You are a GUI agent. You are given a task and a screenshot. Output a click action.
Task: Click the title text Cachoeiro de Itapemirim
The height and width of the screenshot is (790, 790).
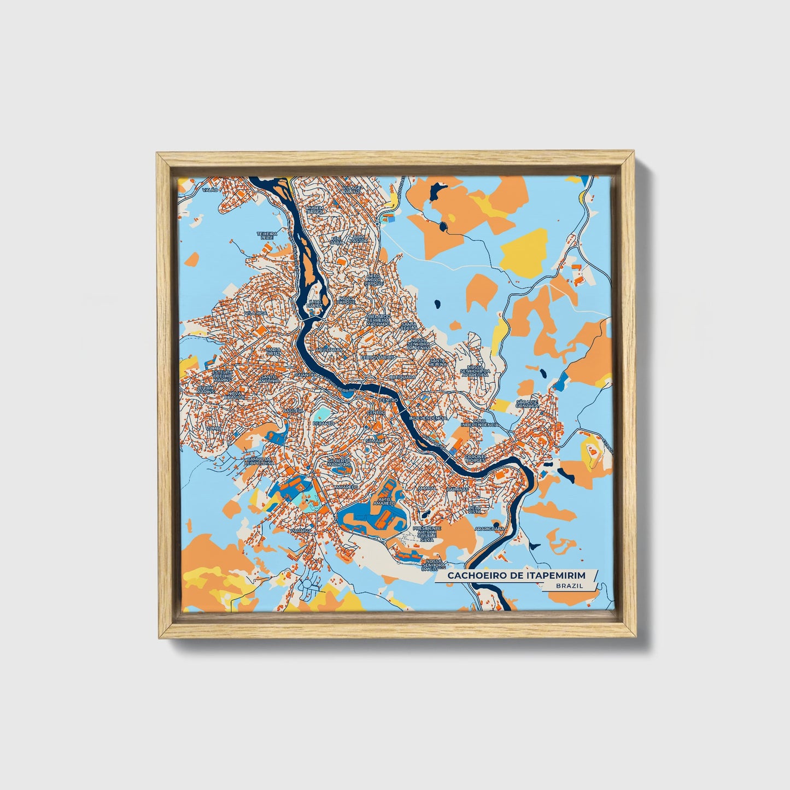click(516, 576)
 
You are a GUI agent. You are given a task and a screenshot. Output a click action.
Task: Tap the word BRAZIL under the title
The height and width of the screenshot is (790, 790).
click(569, 586)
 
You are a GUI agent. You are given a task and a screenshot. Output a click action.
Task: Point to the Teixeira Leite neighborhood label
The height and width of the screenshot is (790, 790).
click(267, 236)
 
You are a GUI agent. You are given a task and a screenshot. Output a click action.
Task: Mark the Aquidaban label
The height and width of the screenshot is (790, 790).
click(329, 349)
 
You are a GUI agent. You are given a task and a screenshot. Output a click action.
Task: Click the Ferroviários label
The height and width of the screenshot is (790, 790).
click(377, 357)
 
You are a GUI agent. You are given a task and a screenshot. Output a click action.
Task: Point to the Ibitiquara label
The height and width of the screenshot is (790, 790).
click(402, 377)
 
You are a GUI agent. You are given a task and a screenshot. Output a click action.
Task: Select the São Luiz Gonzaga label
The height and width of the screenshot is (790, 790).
click(527, 404)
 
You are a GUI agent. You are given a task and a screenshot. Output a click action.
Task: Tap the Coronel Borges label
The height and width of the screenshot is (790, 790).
click(475, 458)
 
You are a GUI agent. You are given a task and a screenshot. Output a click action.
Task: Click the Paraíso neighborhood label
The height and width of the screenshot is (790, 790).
click(301, 530)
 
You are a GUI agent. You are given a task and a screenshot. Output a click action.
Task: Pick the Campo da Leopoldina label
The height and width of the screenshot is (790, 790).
click(258, 460)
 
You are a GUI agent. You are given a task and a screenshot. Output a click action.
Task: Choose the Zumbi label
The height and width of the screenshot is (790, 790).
click(213, 428)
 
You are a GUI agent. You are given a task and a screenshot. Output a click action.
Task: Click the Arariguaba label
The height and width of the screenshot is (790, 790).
click(489, 529)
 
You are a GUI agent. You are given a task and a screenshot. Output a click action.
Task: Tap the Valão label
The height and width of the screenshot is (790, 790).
click(210, 189)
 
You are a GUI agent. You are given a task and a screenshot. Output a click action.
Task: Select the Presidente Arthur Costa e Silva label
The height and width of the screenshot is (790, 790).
click(426, 533)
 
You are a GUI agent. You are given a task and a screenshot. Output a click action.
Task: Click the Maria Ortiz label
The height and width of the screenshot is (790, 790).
click(273, 351)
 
